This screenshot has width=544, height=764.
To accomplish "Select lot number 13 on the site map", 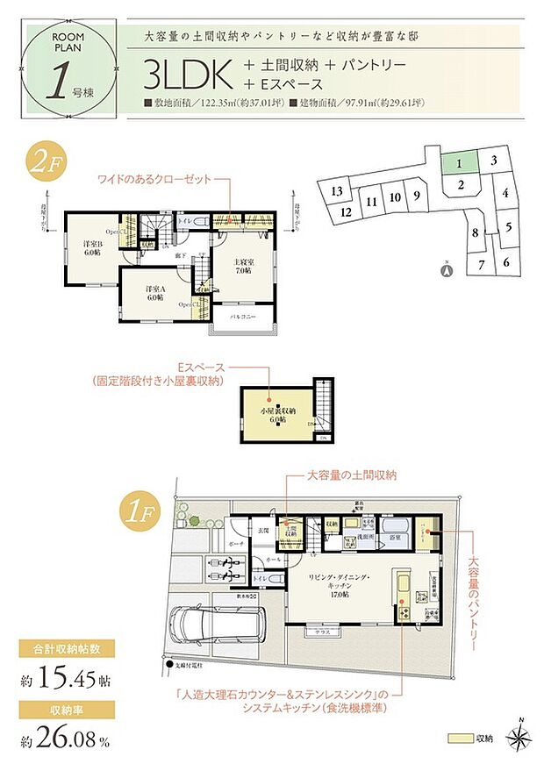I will pyautogui.click(x=336, y=191).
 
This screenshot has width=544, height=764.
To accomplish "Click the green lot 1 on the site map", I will pyautogui.click(x=458, y=163).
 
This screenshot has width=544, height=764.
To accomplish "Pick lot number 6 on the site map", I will pyautogui.click(x=506, y=262).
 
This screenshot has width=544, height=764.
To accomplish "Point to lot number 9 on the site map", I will pyautogui.click(x=418, y=196).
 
